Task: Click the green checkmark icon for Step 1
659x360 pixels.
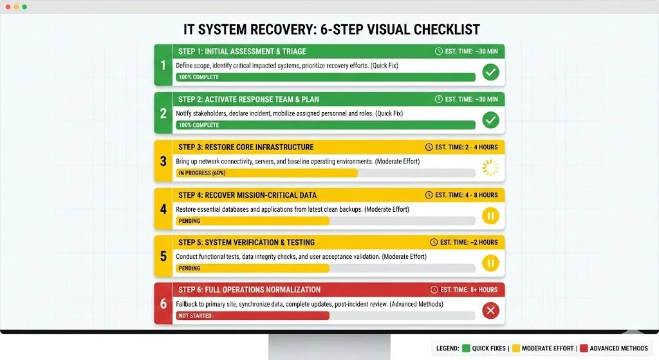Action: coord(490,72)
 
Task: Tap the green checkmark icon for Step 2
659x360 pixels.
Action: coord(490,120)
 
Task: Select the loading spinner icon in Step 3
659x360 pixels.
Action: coord(490,168)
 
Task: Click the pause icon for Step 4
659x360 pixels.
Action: coord(490,216)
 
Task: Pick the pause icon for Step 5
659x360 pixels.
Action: coord(490,263)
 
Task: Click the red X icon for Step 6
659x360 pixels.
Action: coord(490,311)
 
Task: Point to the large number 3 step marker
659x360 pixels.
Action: coord(163,160)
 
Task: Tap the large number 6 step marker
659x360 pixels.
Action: coord(163,303)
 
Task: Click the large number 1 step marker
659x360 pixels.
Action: coord(163,64)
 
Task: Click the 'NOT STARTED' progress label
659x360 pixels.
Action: coord(195,316)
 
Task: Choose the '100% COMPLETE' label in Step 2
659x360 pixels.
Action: coord(199,125)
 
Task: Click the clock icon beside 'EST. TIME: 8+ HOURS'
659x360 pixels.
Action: coord(434,290)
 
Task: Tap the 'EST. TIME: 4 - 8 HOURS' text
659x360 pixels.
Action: coord(466,195)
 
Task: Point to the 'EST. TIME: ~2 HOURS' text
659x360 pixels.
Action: coord(469,243)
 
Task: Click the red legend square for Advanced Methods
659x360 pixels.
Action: coord(583,348)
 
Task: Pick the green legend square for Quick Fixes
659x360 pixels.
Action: coord(465,348)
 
